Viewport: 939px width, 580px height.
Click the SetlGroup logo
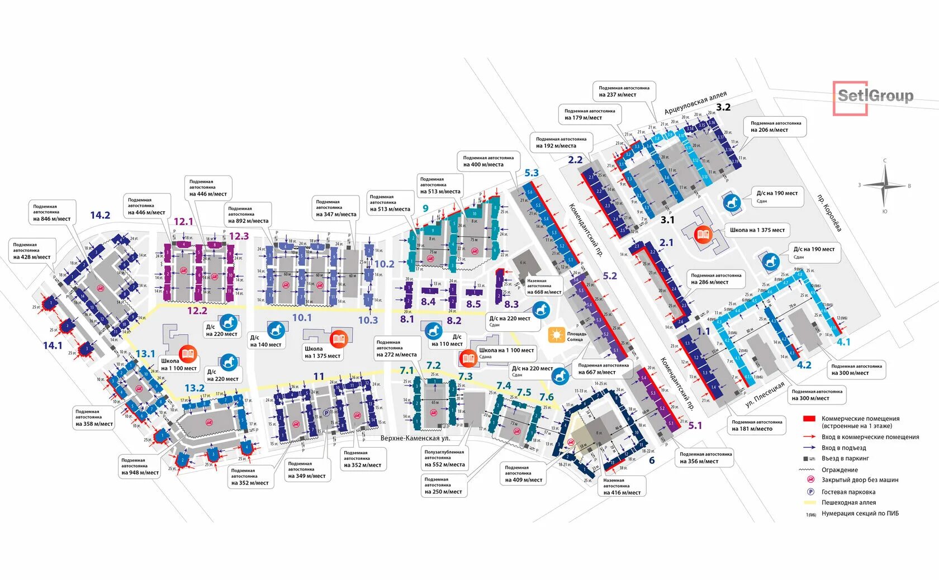(x=874, y=97)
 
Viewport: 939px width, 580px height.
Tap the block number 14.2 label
(x=100, y=215)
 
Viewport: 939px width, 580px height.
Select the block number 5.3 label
(x=531, y=173)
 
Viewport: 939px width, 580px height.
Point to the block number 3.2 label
(x=723, y=107)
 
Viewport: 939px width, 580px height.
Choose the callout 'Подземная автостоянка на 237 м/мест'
(x=624, y=91)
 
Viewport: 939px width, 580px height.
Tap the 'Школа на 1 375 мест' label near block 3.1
(x=757, y=230)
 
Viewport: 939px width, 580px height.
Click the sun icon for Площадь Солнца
(x=557, y=335)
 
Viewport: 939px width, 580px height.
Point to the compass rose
(x=884, y=186)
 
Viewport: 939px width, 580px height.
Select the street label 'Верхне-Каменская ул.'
(x=415, y=438)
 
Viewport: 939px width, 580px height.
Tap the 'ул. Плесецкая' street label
(x=765, y=394)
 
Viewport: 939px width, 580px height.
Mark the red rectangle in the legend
(x=809, y=419)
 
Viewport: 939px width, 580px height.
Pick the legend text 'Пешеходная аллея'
(x=848, y=502)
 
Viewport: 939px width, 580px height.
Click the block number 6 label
(x=652, y=460)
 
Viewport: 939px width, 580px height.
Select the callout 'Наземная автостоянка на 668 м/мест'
(x=543, y=287)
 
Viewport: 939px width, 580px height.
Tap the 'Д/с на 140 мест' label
(x=265, y=341)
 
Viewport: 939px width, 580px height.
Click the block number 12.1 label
(x=183, y=221)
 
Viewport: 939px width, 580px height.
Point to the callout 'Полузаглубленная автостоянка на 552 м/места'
(x=444, y=458)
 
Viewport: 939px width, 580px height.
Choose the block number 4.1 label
(x=843, y=342)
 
